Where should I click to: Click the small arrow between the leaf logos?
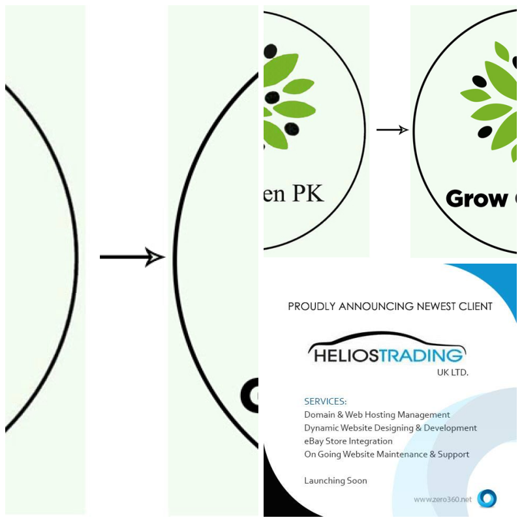point(392,130)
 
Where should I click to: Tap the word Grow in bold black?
point(477,198)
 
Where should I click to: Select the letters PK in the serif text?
point(306,193)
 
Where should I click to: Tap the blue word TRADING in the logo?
point(425,355)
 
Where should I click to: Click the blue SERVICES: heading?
point(326,401)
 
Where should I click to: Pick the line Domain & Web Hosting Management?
point(377,414)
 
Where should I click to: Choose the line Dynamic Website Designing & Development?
point(390,428)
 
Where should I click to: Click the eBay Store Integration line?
point(348,441)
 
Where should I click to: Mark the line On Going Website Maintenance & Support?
point(386,454)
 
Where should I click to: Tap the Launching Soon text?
point(335,481)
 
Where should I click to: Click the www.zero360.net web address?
point(442,499)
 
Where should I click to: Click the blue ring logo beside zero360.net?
point(487,499)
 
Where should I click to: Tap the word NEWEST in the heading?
point(435,306)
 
